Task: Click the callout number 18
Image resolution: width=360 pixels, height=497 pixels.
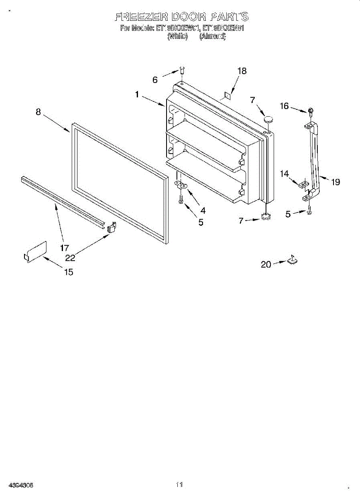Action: pyautogui.click(x=242, y=71)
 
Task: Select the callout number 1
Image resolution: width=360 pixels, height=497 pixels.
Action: pyautogui.click(x=137, y=94)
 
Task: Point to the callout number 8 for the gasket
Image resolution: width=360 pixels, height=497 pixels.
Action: pyautogui.click(x=38, y=111)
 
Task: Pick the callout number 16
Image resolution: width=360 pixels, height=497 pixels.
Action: pyautogui.click(x=284, y=106)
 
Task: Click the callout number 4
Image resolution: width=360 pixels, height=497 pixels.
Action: pyautogui.click(x=203, y=210)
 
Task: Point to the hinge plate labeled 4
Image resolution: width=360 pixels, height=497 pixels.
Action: pyautogui.click(x=181, y=185)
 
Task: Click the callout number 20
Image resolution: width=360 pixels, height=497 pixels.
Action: pyautogui.click(x=266, y=264)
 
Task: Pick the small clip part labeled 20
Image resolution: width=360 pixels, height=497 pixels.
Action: pyautogui.click(x=292, y=260)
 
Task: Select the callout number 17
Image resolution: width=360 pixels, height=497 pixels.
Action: pyautogui.click(x=64, y=248)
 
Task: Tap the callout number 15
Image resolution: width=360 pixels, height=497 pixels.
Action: pyautogui.click(x=68, y=272)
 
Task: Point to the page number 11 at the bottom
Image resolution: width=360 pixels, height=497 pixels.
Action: pyautogui.click(x=179, y=484)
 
